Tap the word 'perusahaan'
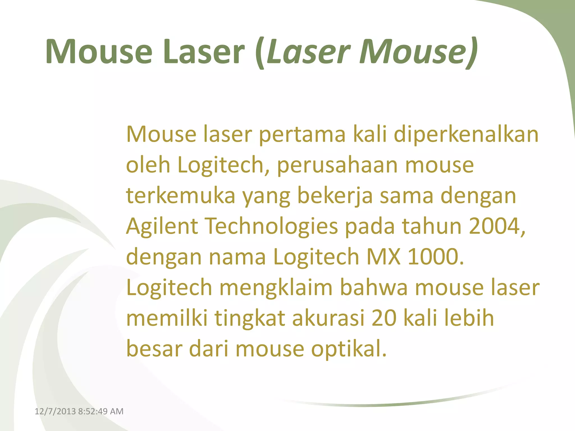click(x=337, y=166)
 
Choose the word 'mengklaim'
click(x=276, y=288)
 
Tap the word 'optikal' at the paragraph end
click(x=348, y=349)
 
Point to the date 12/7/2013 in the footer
click(x=55, y=411)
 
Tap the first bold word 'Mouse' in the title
click(x=99, y=52)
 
